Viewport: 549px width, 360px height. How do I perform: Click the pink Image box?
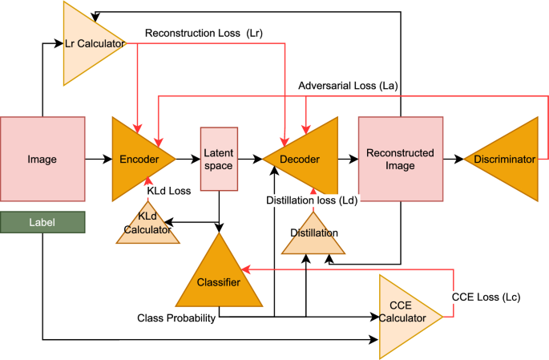[x=42, y=159]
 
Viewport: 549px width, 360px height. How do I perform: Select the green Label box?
[x=42, y=223]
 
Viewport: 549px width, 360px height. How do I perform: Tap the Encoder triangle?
[x=140, y=160]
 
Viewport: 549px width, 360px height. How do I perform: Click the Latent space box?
[x=219, y=159]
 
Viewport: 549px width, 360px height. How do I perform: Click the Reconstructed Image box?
[x=400, y=159]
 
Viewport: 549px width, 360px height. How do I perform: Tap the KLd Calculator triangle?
[x=147, y=225]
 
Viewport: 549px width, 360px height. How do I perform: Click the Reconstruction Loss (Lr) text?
[x=204, y=34]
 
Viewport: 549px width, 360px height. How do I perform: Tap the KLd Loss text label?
[x=168, y=190]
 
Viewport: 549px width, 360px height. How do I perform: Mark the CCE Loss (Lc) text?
[x=486, y=297]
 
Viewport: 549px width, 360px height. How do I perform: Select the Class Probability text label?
[x=176, y=318]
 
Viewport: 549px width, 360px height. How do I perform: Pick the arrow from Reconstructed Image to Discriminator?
[x=453, y=160]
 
